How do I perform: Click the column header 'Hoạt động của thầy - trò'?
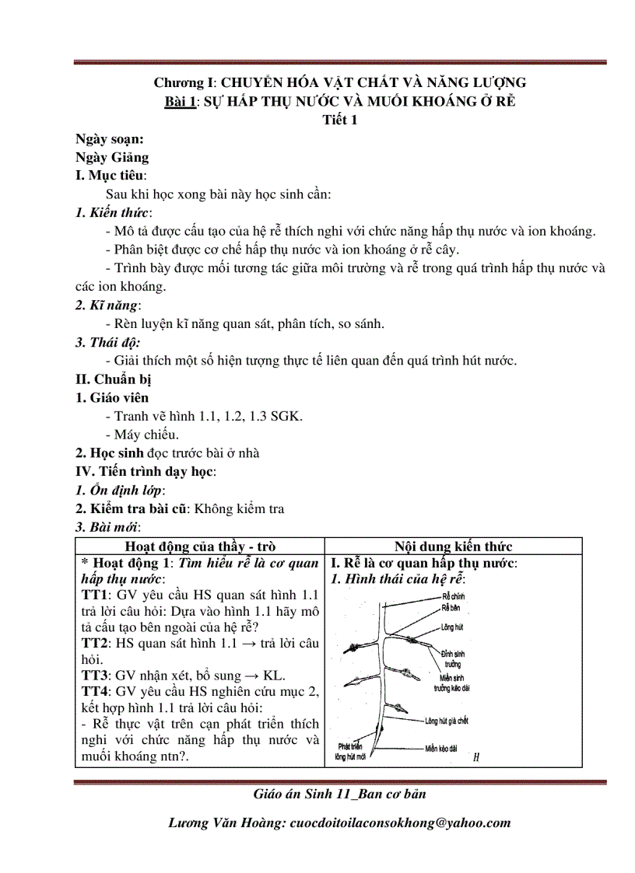coord(200,546)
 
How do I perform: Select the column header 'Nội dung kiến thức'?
coord(453,546)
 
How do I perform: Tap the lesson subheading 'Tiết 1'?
coord(339,120)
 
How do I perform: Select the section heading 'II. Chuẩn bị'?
coord(113,379)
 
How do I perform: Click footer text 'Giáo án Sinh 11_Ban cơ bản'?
coord(339,794)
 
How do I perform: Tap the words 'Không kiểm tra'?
coord(239,509)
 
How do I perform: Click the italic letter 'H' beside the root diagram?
coord(475,754)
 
